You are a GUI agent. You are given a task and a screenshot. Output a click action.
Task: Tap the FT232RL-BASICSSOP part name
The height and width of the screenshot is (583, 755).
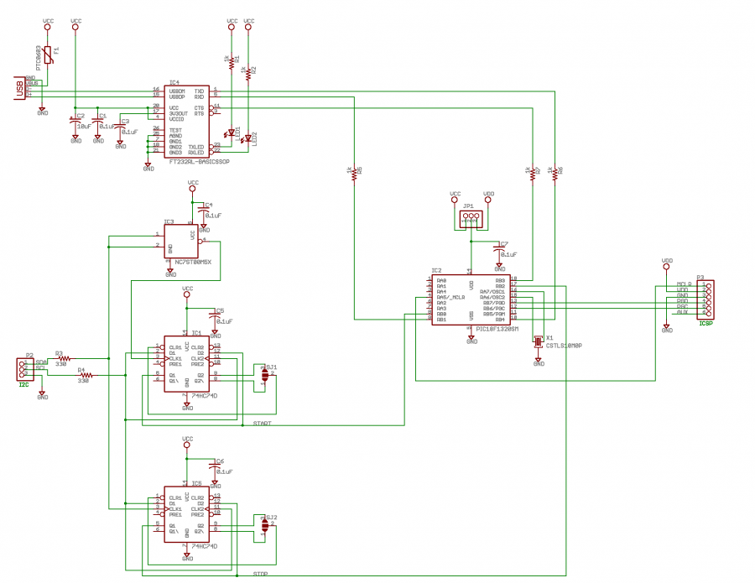198,160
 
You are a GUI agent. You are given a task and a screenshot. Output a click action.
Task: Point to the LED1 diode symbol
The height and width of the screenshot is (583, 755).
231,133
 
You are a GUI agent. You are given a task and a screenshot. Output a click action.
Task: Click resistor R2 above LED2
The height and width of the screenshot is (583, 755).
248,74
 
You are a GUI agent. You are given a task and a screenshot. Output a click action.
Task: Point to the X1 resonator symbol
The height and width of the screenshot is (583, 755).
539,340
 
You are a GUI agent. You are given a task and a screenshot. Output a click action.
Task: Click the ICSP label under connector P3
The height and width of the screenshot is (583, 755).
706,322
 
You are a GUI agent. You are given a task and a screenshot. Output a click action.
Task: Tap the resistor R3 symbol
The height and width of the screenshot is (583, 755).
65,358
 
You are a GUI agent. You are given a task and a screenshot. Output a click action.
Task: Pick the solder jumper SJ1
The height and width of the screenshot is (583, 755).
266,375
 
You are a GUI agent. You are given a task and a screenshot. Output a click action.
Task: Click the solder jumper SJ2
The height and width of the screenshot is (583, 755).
266,525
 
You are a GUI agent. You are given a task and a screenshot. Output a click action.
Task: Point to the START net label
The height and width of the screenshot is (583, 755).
262,424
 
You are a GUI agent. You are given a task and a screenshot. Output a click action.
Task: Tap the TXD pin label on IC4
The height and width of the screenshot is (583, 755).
199,90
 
